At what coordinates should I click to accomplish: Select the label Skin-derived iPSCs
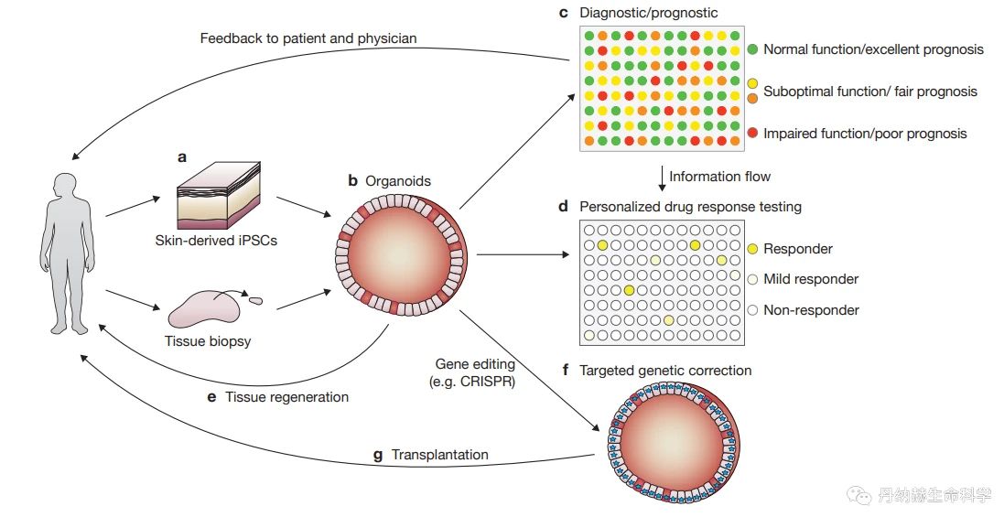click(216, 242)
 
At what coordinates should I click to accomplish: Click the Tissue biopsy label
click(208, 340)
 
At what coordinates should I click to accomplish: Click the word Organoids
click(397, 181)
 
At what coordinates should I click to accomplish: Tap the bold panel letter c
click(564, 12)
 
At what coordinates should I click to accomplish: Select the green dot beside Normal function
click(752, 49)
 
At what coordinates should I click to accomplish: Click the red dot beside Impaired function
click(752, 133)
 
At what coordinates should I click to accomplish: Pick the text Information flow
click(719, 176)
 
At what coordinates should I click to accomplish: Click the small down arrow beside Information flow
click(662, 178)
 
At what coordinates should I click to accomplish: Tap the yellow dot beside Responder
click(752, 248)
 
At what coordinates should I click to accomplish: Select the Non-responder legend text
click(811, 309)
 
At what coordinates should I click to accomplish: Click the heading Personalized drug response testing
click(690, 206)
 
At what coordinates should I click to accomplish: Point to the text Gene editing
click(475, 363)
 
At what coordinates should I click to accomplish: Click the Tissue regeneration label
click(286, 397)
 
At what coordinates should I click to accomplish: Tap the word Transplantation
click(440, 454)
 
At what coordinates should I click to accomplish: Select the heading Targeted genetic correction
click(665, 370)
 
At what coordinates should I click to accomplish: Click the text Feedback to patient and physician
click(308, 38)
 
